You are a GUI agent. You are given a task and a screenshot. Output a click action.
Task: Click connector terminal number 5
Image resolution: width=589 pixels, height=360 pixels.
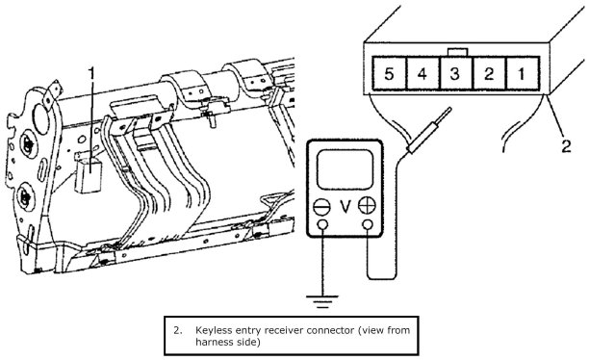389,73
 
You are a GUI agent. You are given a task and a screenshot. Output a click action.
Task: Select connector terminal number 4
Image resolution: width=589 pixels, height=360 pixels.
423,73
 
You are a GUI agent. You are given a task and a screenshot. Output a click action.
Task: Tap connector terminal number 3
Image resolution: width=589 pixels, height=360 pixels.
455,73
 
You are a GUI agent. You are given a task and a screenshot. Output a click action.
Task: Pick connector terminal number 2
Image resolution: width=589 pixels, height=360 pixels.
489,73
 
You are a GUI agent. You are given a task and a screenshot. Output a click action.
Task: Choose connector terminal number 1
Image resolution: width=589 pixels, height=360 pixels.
523,73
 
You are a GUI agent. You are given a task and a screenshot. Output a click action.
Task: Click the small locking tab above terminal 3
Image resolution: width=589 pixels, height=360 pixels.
458,52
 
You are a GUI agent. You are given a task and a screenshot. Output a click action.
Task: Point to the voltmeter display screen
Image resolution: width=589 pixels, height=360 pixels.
346,169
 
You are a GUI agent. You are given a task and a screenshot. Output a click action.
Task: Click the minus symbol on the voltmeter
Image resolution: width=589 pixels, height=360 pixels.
321,207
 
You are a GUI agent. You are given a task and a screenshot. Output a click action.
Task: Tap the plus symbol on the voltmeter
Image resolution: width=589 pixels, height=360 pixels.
367,206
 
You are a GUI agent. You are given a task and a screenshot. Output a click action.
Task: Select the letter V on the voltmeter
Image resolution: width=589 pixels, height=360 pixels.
346,207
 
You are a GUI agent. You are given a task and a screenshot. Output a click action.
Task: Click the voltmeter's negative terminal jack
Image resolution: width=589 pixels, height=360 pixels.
322,224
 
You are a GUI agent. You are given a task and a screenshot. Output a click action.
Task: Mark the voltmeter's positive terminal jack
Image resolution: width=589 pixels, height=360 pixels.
368,224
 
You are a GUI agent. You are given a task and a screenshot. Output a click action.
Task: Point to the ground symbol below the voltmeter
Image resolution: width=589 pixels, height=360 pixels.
322,301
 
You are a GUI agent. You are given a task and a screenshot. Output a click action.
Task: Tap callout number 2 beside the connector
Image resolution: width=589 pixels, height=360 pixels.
567,145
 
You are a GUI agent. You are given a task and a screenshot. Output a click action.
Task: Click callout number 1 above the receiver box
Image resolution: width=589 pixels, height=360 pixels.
91,74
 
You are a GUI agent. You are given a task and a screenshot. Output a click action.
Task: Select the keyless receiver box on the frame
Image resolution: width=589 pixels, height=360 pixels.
89,175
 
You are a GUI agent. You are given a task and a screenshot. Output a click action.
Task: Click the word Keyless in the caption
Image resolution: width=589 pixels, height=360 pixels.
213,331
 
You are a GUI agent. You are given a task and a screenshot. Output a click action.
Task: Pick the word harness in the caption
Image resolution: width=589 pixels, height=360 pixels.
214,342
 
